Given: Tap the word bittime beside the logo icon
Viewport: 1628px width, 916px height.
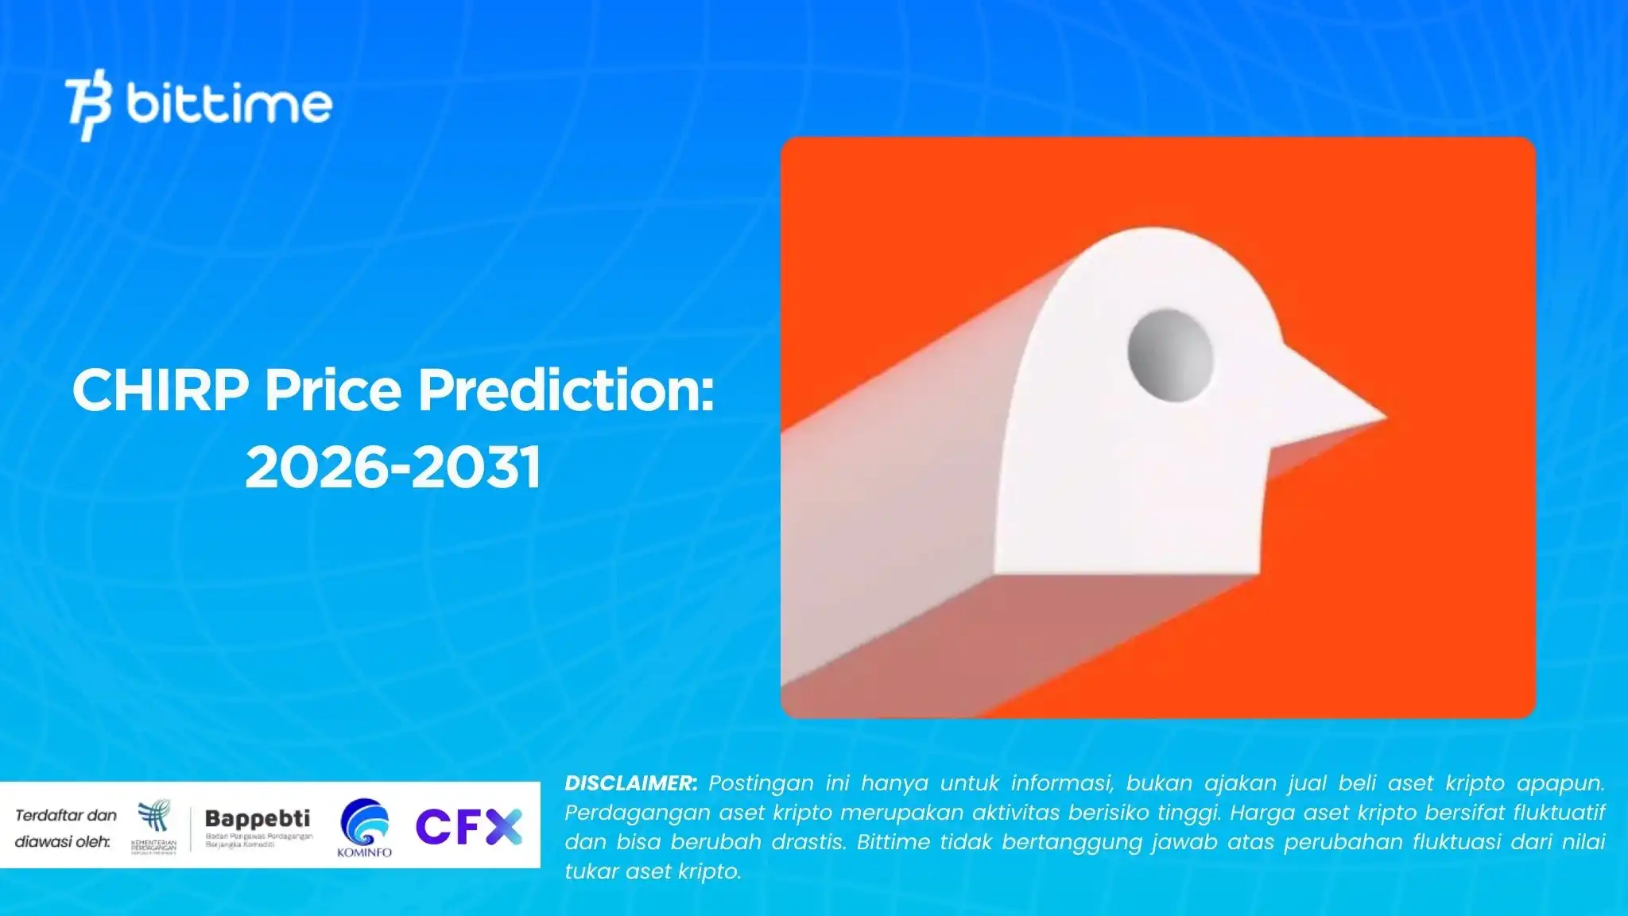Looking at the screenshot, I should [x=229, y=104].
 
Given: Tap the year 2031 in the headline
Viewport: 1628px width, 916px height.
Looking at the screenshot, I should [x=476, y=467].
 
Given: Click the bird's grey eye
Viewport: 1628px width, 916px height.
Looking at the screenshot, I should [x=1170, y=355].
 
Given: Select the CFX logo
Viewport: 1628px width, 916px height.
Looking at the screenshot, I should [x=469, y=827].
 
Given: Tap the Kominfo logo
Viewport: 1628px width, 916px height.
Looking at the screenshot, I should [x=365, y=828].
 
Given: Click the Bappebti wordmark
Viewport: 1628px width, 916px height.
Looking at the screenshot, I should [x=258, y=818].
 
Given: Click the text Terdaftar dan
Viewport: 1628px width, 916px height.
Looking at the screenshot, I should [x=66, y=815].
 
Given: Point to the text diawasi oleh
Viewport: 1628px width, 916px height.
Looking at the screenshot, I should [x=63, y=841].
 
